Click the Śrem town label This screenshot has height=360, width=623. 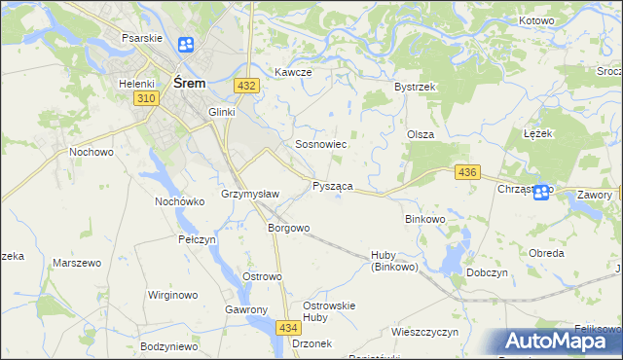189,83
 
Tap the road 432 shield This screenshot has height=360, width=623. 246,86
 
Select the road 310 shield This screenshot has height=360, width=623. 146,99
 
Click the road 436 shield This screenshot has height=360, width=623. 467,172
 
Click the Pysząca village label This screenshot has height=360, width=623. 332,185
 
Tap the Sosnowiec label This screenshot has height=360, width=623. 321,144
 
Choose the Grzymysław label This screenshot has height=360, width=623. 251,194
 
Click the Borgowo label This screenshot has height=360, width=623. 288,228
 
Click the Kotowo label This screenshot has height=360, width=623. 536,20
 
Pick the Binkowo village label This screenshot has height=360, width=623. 424,219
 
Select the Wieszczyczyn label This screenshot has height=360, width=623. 424,332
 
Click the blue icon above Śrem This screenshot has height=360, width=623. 186,45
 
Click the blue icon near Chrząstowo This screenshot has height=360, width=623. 541,193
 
